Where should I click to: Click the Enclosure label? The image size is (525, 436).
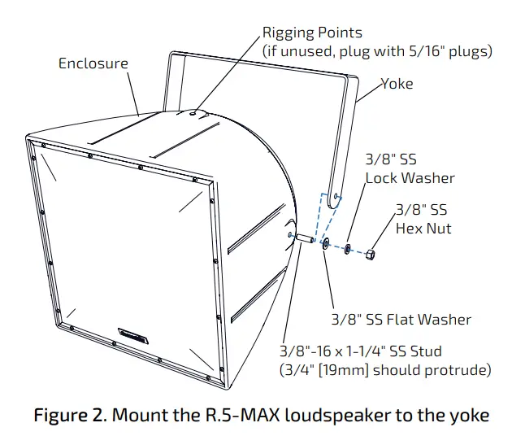93,63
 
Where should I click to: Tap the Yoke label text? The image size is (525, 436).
397,84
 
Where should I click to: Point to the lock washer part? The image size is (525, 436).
347,247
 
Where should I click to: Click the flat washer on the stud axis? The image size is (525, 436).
325,242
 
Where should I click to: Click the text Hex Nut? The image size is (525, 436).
423,229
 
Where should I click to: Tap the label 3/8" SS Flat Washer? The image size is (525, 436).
401,320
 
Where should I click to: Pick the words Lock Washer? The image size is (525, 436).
410,178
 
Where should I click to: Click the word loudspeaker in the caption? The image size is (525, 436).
328,416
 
